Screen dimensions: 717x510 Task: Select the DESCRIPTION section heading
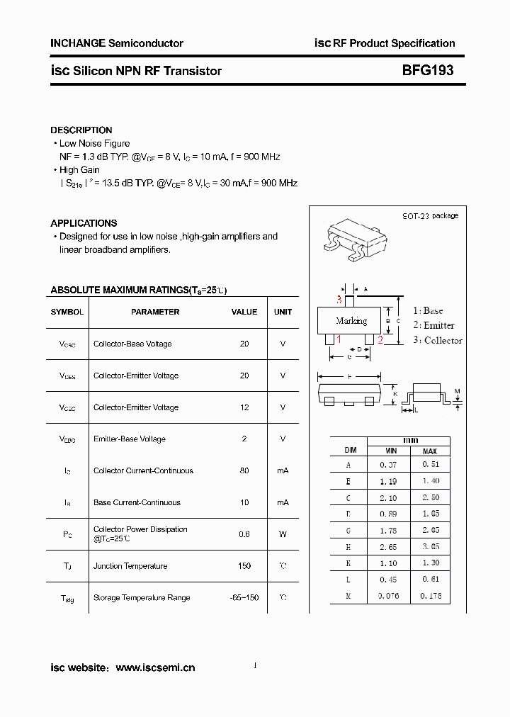[x=81, y=130]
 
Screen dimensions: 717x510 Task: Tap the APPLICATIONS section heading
[x=84, y=223]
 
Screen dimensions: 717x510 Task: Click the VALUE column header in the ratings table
[x=244, y=312]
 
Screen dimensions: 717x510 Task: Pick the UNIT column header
[x=283, y=312]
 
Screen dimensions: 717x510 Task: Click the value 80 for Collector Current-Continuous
[x=244, y=470]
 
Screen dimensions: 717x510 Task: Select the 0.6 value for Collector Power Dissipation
[x=244, y=533]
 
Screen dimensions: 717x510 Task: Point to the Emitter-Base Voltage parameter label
[x=130, y=439]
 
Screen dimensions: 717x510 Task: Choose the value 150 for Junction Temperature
[x=244, y=565]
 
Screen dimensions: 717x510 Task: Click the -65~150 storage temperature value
[x=244, y=597]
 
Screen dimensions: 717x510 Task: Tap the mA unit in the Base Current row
[x=283, y=502]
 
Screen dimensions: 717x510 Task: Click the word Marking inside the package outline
[x=351, y=321]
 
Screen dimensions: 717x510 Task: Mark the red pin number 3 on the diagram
[x=339, y=300]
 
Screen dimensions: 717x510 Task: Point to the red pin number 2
[x=380, y=340]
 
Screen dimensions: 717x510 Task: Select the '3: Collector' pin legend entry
[x=437, y=340]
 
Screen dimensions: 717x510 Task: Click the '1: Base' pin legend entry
[x=428, y=310]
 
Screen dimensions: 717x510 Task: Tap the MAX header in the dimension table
[x=430, y=451]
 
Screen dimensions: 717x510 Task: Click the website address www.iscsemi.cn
[x=155, y=667]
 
